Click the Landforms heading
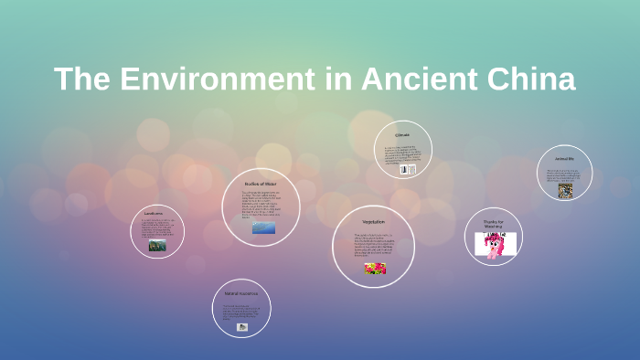pos(153,214)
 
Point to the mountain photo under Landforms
pos(157,245)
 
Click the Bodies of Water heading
pos(260,184)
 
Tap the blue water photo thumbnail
pos(263,228)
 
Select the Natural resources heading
pos(241,293)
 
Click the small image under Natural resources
pos(242,326)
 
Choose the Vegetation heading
pos(373,222)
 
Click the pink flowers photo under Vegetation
pos(375,269)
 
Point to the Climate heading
pos(402,135)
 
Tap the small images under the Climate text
pos(407,170)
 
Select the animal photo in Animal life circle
pos(565,190)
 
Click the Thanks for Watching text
pos(494,224)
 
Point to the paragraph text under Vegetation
pos(373,245)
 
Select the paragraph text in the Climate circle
pos(402,154)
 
